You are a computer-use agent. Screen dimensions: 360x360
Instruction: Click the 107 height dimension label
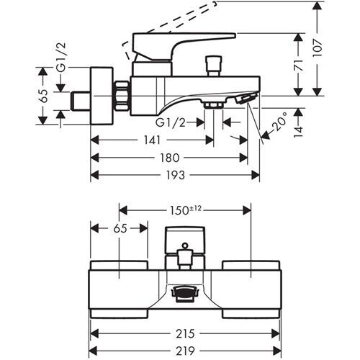click(318, 48)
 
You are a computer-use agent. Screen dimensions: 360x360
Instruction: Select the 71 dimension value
click(298, 66)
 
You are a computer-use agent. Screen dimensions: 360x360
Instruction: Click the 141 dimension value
click(153, 140)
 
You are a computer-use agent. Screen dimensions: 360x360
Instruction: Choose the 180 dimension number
click(170, 158)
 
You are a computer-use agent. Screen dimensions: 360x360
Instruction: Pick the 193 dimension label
click(176, 175)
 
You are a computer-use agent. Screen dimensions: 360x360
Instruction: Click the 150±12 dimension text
click(186, 210)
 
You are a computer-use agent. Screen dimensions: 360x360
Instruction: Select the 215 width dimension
click(185, 333)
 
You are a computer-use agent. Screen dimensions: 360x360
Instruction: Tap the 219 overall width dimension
click(185, 351)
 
